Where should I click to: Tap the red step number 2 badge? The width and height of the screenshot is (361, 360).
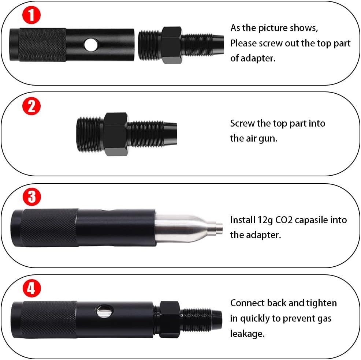tap(32, 106)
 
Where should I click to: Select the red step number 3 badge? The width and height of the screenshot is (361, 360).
tap(32, 197)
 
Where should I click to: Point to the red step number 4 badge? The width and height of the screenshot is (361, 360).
tap(32, 289)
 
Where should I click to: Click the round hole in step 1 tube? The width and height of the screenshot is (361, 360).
tap(89, 45)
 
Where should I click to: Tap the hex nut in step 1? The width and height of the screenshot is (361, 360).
tap(172, 45)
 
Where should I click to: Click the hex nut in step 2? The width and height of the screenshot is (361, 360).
tap(116, 134)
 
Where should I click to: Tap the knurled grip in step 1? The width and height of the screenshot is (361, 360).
tap(42, 45)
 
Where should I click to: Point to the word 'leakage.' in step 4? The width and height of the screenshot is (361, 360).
tap(247, 333)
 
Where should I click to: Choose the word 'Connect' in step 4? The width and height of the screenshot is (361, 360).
tap(247, 303)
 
